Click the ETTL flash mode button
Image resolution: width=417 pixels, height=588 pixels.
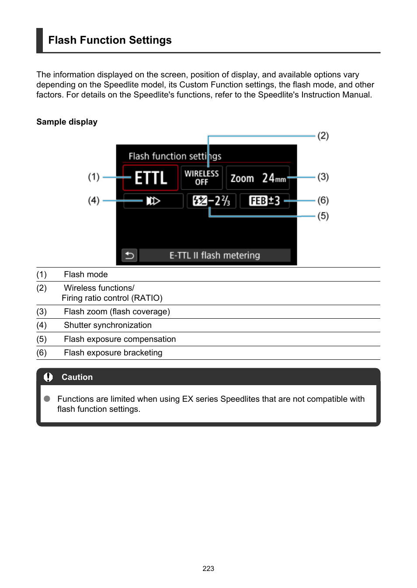(x=150, y=178)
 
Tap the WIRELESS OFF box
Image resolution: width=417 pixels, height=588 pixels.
(x=202, y=177)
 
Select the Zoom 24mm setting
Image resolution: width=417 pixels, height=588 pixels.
(x=257, y=178)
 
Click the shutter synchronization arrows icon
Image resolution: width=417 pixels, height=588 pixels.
(x=153, y=201)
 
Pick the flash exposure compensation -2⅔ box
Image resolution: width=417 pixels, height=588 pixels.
(x=212, y=201)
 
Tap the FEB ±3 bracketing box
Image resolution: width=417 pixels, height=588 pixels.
(x=264, y=201)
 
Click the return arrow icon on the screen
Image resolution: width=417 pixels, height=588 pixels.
(x=129, y=255)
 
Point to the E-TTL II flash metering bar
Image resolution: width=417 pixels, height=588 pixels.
(x=215, y=255)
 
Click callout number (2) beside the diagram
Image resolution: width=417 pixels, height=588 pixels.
(x=323, y=136)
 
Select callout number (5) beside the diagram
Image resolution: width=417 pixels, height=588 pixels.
(x=323, y=216)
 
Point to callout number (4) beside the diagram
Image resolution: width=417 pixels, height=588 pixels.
(x=94, y=200)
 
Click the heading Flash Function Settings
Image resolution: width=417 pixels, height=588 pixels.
(x=110, y=40)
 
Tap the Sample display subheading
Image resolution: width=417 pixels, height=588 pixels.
(x=67, y=122)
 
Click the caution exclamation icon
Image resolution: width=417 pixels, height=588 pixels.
(x=48, y=377)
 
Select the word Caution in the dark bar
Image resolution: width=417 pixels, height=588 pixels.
(x=77, y=377)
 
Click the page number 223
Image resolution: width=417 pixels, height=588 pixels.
(x=208, y=568)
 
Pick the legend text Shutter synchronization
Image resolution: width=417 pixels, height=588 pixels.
(x=108, y=325)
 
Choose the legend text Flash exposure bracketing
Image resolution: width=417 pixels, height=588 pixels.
(x=113, y=353)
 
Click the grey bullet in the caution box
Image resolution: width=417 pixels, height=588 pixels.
(x=47, y=399)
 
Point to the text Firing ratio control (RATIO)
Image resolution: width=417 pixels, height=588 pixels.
(x=112, y=298)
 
